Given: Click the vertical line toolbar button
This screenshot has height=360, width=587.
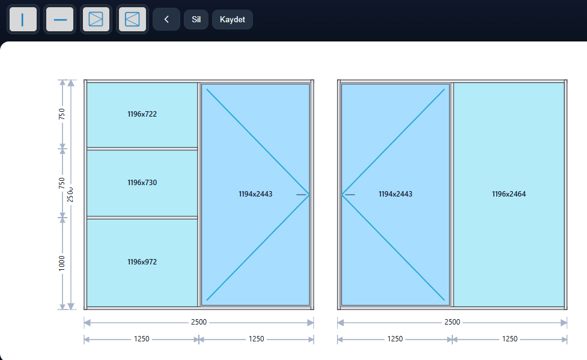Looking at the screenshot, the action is point(23,19).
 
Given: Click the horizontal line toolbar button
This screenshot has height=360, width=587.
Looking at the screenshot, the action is point(60,19).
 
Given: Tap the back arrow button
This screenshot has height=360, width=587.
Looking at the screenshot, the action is point(166,19).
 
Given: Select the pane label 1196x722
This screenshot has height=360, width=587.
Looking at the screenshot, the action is point(142,114).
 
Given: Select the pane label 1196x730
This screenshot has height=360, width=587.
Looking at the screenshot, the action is point(142,183).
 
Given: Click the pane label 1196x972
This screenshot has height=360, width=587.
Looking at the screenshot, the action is point(142,262).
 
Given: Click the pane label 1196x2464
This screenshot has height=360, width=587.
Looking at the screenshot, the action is point(509,194).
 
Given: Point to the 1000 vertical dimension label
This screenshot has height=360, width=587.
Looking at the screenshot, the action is point(62,263).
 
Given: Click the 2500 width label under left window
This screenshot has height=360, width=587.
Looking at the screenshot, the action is point(199,322).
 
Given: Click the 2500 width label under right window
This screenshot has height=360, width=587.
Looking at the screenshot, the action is point(452,322).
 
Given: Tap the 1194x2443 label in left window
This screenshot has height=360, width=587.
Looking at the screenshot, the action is point(255,194).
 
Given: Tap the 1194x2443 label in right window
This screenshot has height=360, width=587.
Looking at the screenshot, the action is point(395,194).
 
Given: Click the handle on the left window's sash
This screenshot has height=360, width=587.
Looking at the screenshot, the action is point(302,195).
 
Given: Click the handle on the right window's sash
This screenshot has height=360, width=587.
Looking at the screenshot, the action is point(350,195).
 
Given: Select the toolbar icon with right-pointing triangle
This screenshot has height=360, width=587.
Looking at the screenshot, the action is point(96,19).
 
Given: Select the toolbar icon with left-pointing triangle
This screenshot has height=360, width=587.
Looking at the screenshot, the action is point(132,19).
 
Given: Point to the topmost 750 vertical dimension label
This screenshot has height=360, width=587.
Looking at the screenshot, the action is point(62,114).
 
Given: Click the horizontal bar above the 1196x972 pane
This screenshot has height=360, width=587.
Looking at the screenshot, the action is point(142,218).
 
